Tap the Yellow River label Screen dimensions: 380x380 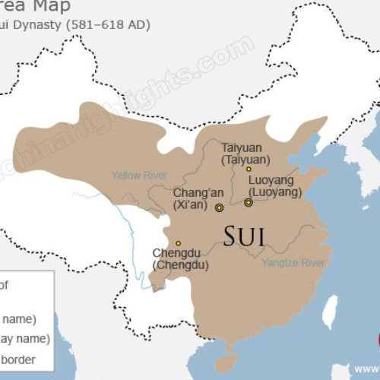139,176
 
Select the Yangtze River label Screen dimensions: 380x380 293,263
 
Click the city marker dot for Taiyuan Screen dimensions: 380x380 249,169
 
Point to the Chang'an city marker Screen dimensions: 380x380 219,207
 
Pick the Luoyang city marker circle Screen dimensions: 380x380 248,203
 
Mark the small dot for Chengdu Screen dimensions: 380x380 178,243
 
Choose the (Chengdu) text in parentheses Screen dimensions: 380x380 180,265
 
